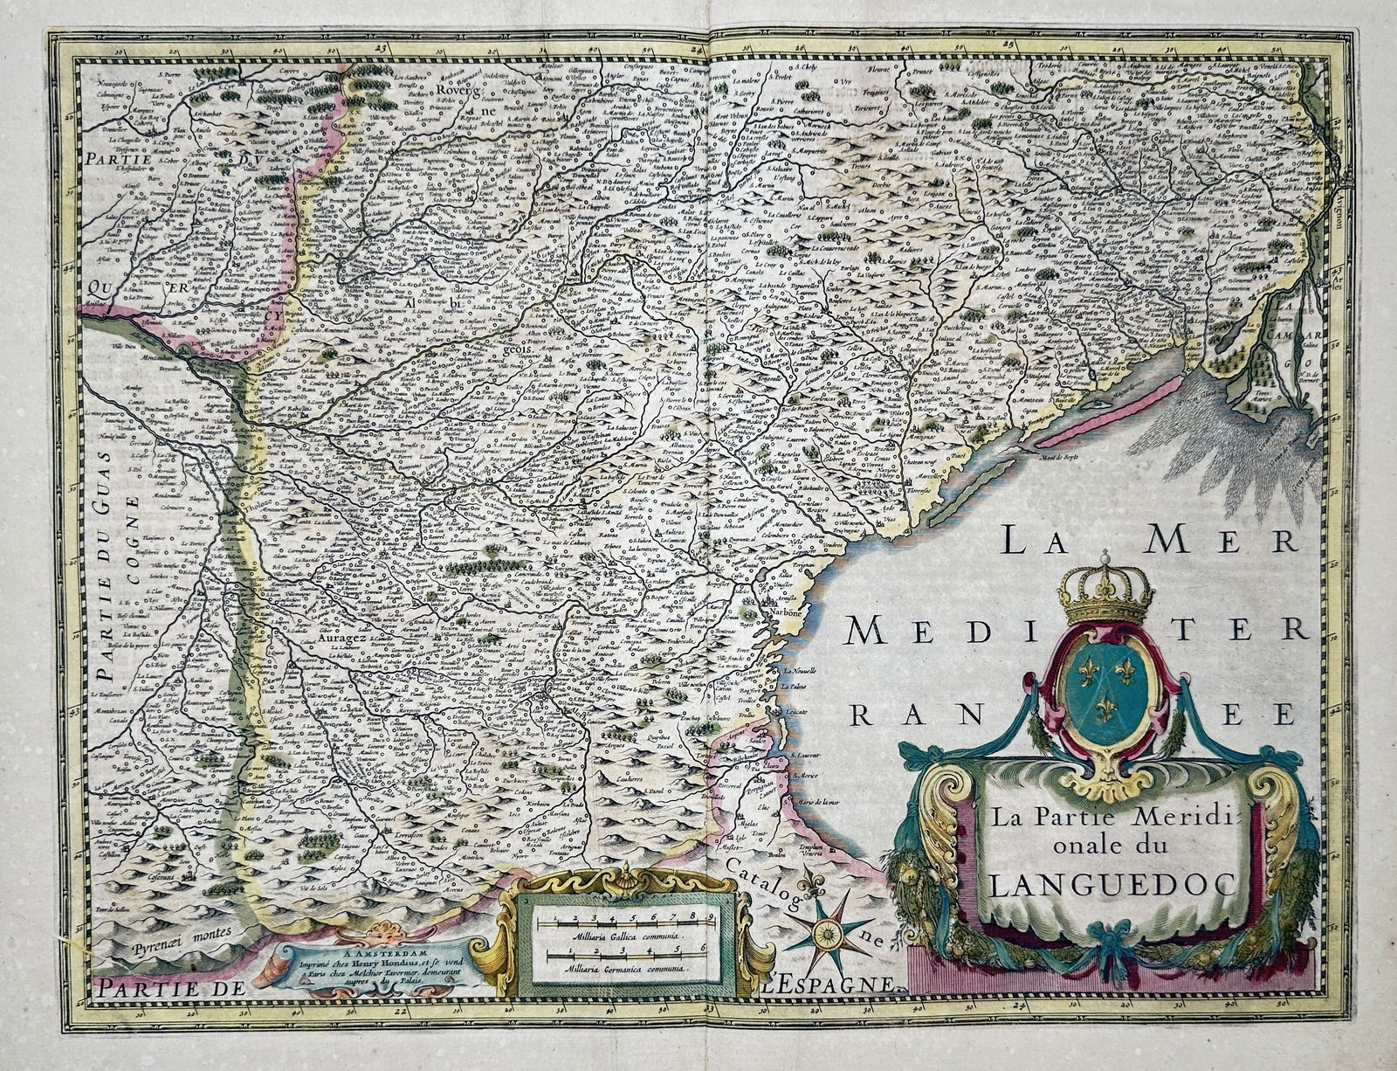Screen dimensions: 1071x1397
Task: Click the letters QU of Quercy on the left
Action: click(98, 287)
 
